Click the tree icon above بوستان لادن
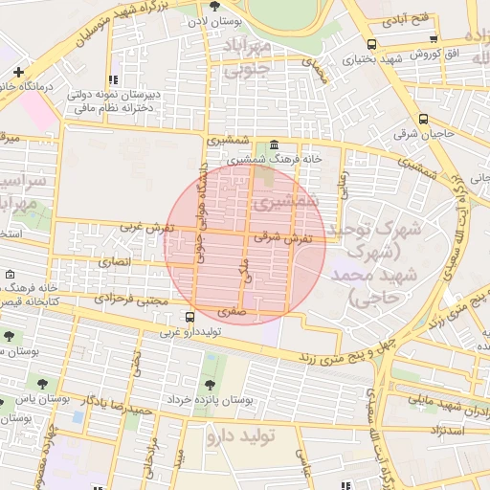(x=227, y=6)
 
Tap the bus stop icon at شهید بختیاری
(x=371, y=44)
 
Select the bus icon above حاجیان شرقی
(x=425, y=120)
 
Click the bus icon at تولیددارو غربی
(x=189, y=317)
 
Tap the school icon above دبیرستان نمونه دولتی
(x=113, y=80)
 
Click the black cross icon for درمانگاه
(x=19, y=72)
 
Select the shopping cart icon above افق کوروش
(x=435, y=38)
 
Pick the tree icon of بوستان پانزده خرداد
(x=210, y=383)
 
